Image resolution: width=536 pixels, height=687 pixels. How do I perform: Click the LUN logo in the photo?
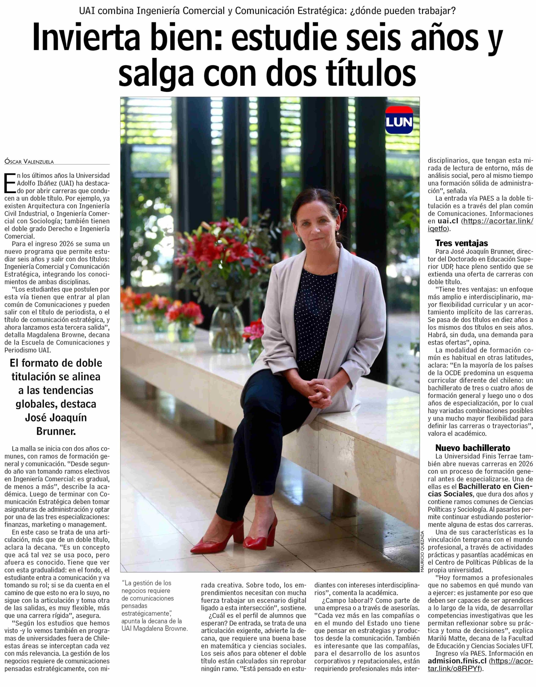(399, 120)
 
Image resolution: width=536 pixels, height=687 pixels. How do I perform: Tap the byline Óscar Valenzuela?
(29, 162)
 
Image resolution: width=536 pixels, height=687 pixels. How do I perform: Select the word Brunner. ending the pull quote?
(56, 431)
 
